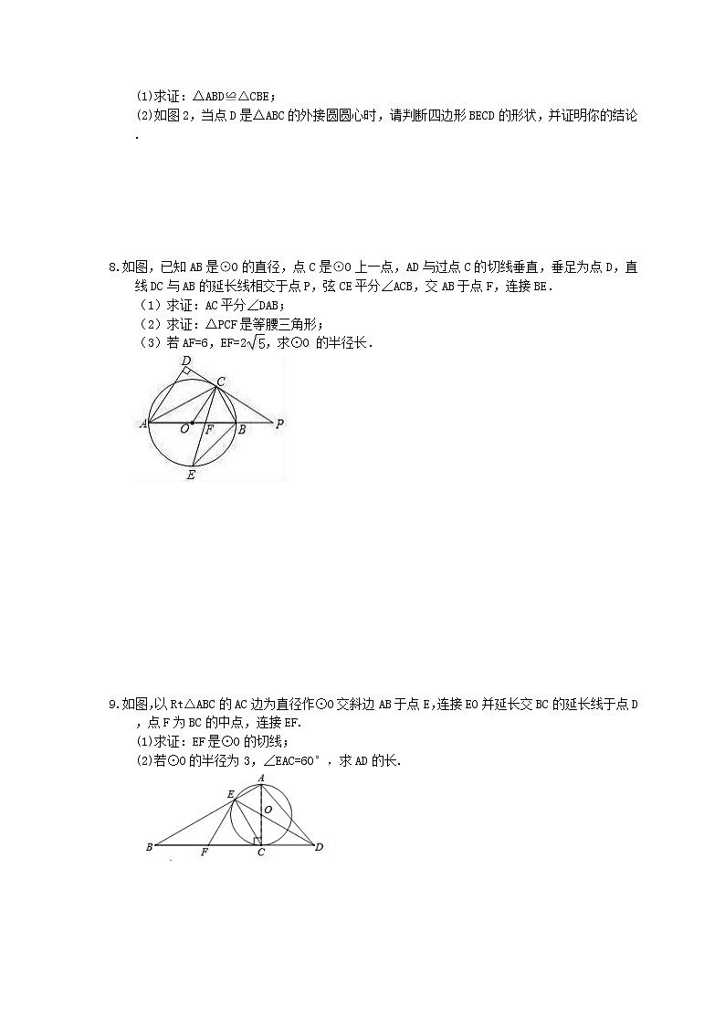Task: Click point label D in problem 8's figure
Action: pos(186,361)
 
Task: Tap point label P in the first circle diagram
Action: pos(280,424)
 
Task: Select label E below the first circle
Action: pos(191,475)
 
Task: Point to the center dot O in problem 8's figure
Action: pos(192,423)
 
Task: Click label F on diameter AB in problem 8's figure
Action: pos(209,429)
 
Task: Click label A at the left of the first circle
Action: pos(142,424)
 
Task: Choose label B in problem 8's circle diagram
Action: pos(241,429)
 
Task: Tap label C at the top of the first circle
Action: pos(221,381)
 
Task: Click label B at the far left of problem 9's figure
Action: pos(149,847)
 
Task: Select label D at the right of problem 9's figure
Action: pos(319,847)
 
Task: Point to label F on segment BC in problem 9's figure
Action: pos(204,852)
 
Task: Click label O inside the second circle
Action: pos(267,809)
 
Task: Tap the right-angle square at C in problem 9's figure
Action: pos(258,840)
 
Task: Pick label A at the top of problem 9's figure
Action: pos(261,778)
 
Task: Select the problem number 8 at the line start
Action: pos(112,267)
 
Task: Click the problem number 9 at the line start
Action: pos(112,704)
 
